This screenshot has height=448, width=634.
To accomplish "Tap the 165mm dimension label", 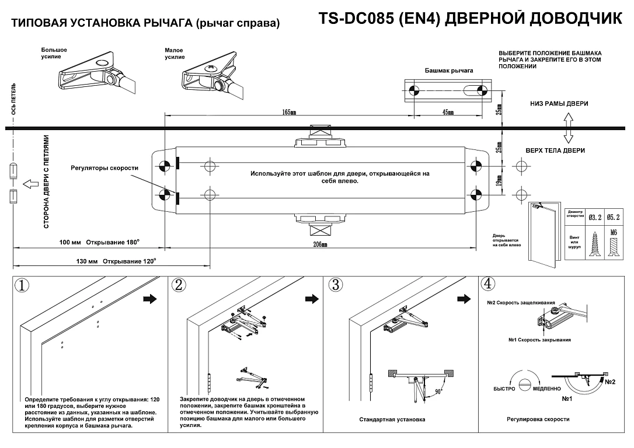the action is pos(289,112).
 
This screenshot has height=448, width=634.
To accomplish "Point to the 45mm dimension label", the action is pos(448,112).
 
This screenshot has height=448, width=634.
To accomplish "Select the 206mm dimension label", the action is pos(320,244).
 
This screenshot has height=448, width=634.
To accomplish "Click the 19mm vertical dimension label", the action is pos(499,181).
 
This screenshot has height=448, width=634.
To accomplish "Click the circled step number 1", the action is pos(22,285).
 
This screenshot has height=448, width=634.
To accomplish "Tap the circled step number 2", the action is pos(179,285).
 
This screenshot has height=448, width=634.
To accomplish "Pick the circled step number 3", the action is pos(336,285).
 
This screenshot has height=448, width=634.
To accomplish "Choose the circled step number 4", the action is pos(488,283).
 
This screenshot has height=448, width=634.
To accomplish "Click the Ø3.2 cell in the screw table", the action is pos(595,218).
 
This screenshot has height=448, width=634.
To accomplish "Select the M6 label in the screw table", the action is pos(613,233).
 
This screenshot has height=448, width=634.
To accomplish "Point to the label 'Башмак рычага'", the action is pos(449,71).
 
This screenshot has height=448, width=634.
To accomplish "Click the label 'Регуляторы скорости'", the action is pos(104,168).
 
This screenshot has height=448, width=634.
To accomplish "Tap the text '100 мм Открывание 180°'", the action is pos(99,243).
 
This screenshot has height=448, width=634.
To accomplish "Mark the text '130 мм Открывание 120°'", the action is pos(116,261).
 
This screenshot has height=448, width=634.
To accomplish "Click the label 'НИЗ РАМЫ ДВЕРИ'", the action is pos(559,104).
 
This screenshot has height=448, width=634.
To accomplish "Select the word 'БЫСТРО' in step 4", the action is pos(504,388).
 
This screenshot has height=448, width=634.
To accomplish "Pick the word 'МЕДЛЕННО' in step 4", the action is pos(546,388).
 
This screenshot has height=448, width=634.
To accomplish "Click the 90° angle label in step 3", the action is pos(438,391).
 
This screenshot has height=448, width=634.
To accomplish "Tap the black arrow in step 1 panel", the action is pos(150,299).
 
